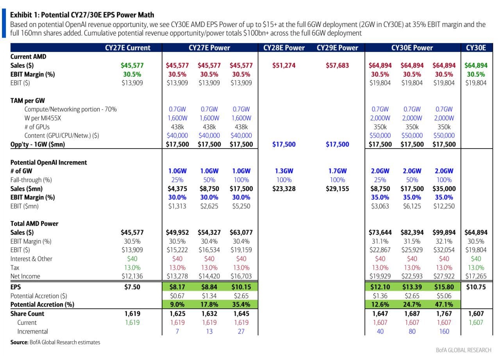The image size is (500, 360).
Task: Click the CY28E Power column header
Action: tap(284, 48)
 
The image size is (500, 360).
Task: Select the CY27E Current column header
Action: tap(128, 48)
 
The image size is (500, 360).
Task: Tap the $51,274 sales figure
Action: tap(284, 65)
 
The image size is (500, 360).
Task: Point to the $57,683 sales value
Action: tap(337, 65)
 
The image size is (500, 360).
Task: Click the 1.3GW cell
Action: tap(284, 171)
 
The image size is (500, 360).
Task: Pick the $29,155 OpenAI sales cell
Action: tap(337, 188)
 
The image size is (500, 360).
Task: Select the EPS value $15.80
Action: tap(444, 287)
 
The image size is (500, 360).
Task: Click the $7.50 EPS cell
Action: tap(132, 287)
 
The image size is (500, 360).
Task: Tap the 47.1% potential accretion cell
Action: tap(444, 304)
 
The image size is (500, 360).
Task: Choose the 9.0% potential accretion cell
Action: tap(177, 304)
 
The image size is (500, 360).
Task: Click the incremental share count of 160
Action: tap(444, 331)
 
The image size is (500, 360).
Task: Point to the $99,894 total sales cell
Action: tap(444, 232)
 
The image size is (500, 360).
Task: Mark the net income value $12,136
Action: tap(132, 276)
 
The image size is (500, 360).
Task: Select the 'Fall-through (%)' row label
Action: tap(31, 180)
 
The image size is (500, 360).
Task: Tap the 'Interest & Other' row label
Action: tap(31, 259)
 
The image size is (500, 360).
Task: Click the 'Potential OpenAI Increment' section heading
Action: tap(48, 162)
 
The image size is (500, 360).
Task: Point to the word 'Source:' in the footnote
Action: tap(19, 342)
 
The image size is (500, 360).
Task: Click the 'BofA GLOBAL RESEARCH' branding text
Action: tap(463, 350)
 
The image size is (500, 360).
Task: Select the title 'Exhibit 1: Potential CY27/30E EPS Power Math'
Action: tap(82, 15)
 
